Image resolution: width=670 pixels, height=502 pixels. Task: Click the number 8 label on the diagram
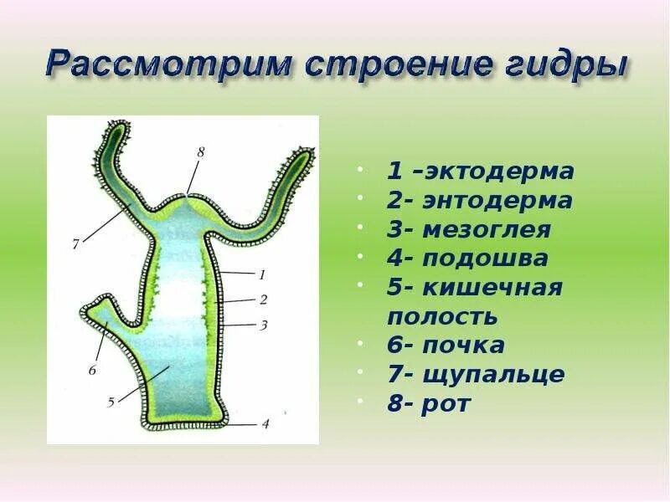click(200, 152)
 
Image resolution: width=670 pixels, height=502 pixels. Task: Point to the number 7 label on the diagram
click(75, 245)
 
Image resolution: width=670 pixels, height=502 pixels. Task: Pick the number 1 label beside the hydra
click(262, 273)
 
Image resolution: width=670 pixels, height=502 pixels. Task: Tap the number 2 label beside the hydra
click(263, 299)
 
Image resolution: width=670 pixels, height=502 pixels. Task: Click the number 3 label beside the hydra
click(263, 325)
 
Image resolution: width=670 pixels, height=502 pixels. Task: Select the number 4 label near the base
click(265, 424)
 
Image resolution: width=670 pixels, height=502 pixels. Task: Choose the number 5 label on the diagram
click(111, 402)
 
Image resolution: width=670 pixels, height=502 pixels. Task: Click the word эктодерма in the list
click(499, 172)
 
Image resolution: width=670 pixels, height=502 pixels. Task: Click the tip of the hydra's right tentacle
click(308, 154)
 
